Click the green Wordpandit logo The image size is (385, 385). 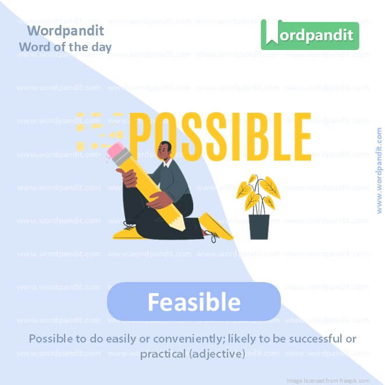pos(310,35)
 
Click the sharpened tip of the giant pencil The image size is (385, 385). pos(182,226)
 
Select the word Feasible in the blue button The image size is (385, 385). pos(194,302)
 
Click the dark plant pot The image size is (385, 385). pos(259,226)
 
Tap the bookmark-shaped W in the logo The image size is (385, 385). pos(271,35)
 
